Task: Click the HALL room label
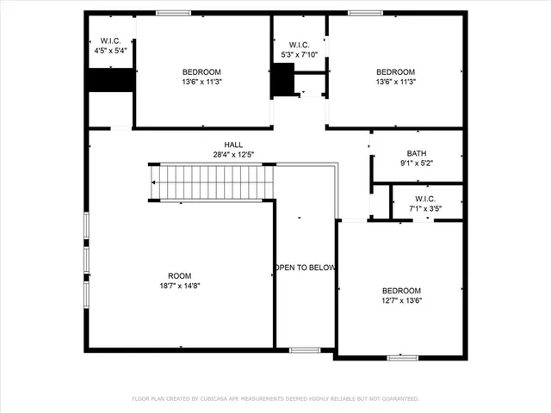click(x=233, y=145)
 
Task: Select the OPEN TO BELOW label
click(x=305, y=268)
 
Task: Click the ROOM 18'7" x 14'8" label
click(x=179, y=275)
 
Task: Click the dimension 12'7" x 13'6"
click(x=402, y=300)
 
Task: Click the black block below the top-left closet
click(x=110, y=79)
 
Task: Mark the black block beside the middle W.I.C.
click(x=282, y=81)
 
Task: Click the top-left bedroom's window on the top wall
click(x=174, y=12)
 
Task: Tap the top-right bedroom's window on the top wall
click(x=366, y=12)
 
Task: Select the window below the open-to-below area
click(x=304, y=350)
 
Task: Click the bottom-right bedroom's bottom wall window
click(x=402, y=357)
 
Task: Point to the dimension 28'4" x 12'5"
click(x=233, y=155)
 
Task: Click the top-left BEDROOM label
click(x=201, y=71)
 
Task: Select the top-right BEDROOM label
click(x=396, y=71)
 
